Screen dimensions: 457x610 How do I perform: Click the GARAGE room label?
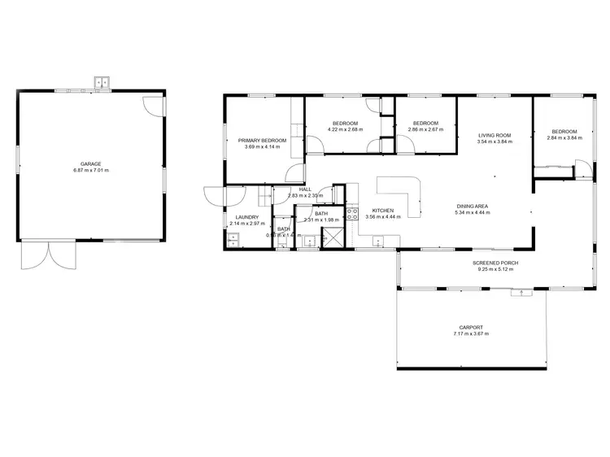pyautogui.click(x=90, y=163)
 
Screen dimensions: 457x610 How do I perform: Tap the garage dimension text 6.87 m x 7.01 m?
pyautogui.click(x=90, y=171)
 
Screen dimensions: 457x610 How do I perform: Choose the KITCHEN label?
pyautogui.click(x=383, y=210)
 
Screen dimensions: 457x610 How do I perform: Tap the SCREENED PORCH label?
pyautogui.click(x=495, y=263)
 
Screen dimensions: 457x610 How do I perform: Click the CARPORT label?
pyautogui.click(x=471, y=327)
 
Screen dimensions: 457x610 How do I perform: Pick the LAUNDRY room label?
pyautogui.click(x=246, y=217)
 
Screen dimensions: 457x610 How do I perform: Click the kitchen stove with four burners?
pyautogui.click(x=353, y=215)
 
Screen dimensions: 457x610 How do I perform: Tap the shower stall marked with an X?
pyautogui.click(x=333, y=237)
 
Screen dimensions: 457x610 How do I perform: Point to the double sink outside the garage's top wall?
pyautogui.click(x=102, y=82)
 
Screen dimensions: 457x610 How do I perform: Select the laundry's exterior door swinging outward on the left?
pyautogui.click(x=213, y=198)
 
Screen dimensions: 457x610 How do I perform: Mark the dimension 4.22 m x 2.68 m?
pyautogui.click(x=345, y=129)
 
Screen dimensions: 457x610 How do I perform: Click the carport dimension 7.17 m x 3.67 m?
pyautogui.click(x=471, y=333)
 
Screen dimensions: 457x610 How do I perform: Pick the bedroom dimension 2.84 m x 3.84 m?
pyautogui.click(x=564, y=138)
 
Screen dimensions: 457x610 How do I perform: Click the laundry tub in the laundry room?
pyautogui.click(x=232, y=239)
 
